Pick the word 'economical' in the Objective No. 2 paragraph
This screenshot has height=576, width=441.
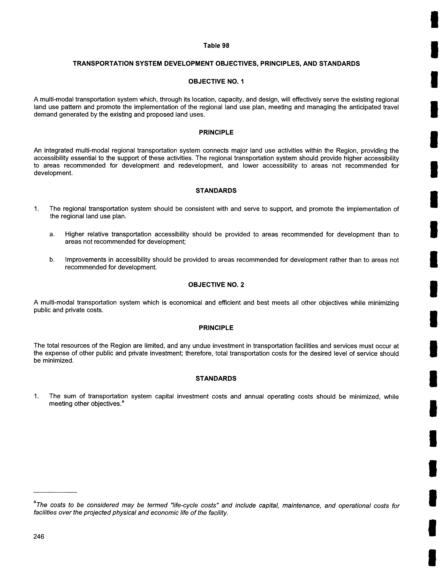pyautogui.click(x=185, y=303)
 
